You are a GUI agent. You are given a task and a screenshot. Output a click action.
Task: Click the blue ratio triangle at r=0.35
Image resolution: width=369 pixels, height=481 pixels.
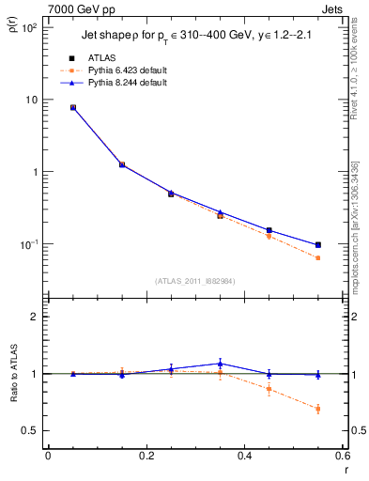point(220,364)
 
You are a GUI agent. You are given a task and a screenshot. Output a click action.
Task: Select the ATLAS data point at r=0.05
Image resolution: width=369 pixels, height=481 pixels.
point(73,107)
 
